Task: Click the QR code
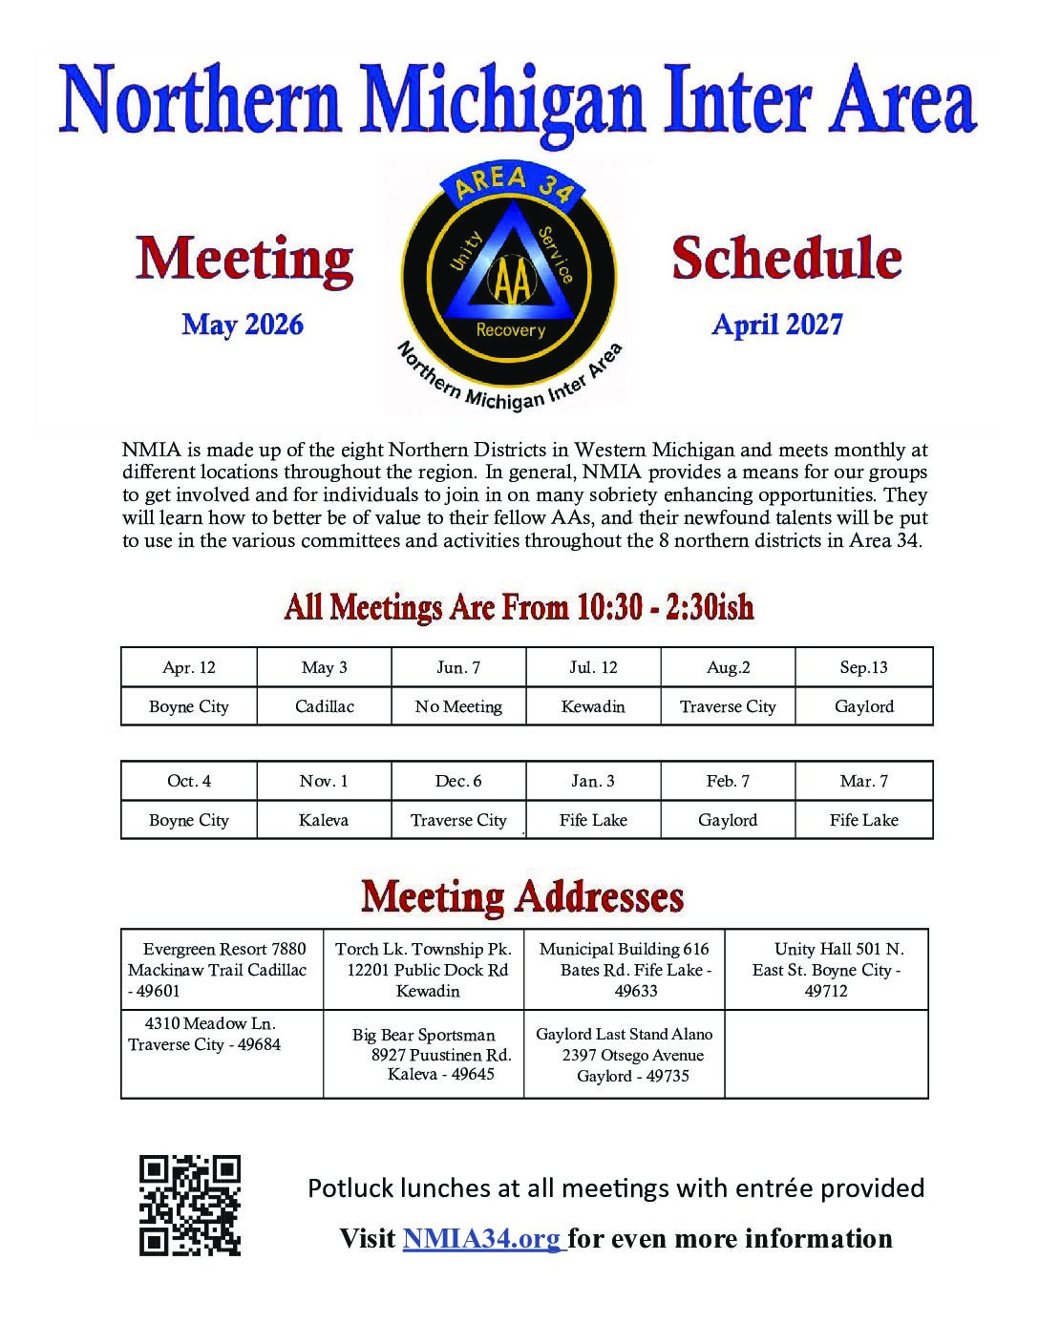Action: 190,1205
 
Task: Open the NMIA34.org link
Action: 482,1239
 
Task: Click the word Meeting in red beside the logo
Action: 244,260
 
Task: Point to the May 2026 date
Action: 243,325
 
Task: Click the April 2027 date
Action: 777,325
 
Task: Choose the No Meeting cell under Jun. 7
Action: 458,706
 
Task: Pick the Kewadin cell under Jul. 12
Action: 593,706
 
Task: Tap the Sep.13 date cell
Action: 863,667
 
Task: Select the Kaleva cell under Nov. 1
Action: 324,820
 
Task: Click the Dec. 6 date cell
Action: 458,781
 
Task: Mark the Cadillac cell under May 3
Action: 324,706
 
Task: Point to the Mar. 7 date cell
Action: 863,781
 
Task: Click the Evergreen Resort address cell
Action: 222,970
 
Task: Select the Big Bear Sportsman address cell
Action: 423,1055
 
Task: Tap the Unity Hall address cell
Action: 826,970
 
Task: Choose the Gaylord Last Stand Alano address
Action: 625,1055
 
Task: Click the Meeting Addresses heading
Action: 522,897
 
